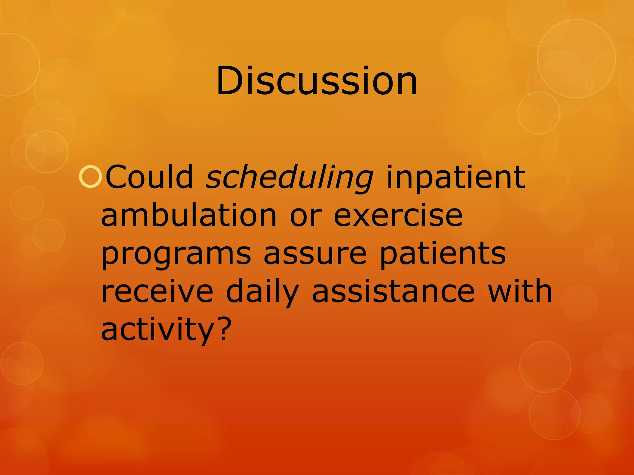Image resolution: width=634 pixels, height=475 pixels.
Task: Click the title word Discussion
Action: [x=316, y=81]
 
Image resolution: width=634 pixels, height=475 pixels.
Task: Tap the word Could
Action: [x=150, y=177]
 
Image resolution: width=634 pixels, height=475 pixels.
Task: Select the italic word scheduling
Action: [x=289, y=178]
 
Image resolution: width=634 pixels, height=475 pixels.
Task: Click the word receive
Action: [x=157, y=291]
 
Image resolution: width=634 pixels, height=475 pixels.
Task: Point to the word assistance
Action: [x=393, y=291]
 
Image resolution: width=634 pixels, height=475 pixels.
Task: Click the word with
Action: [x=520, y=291]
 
